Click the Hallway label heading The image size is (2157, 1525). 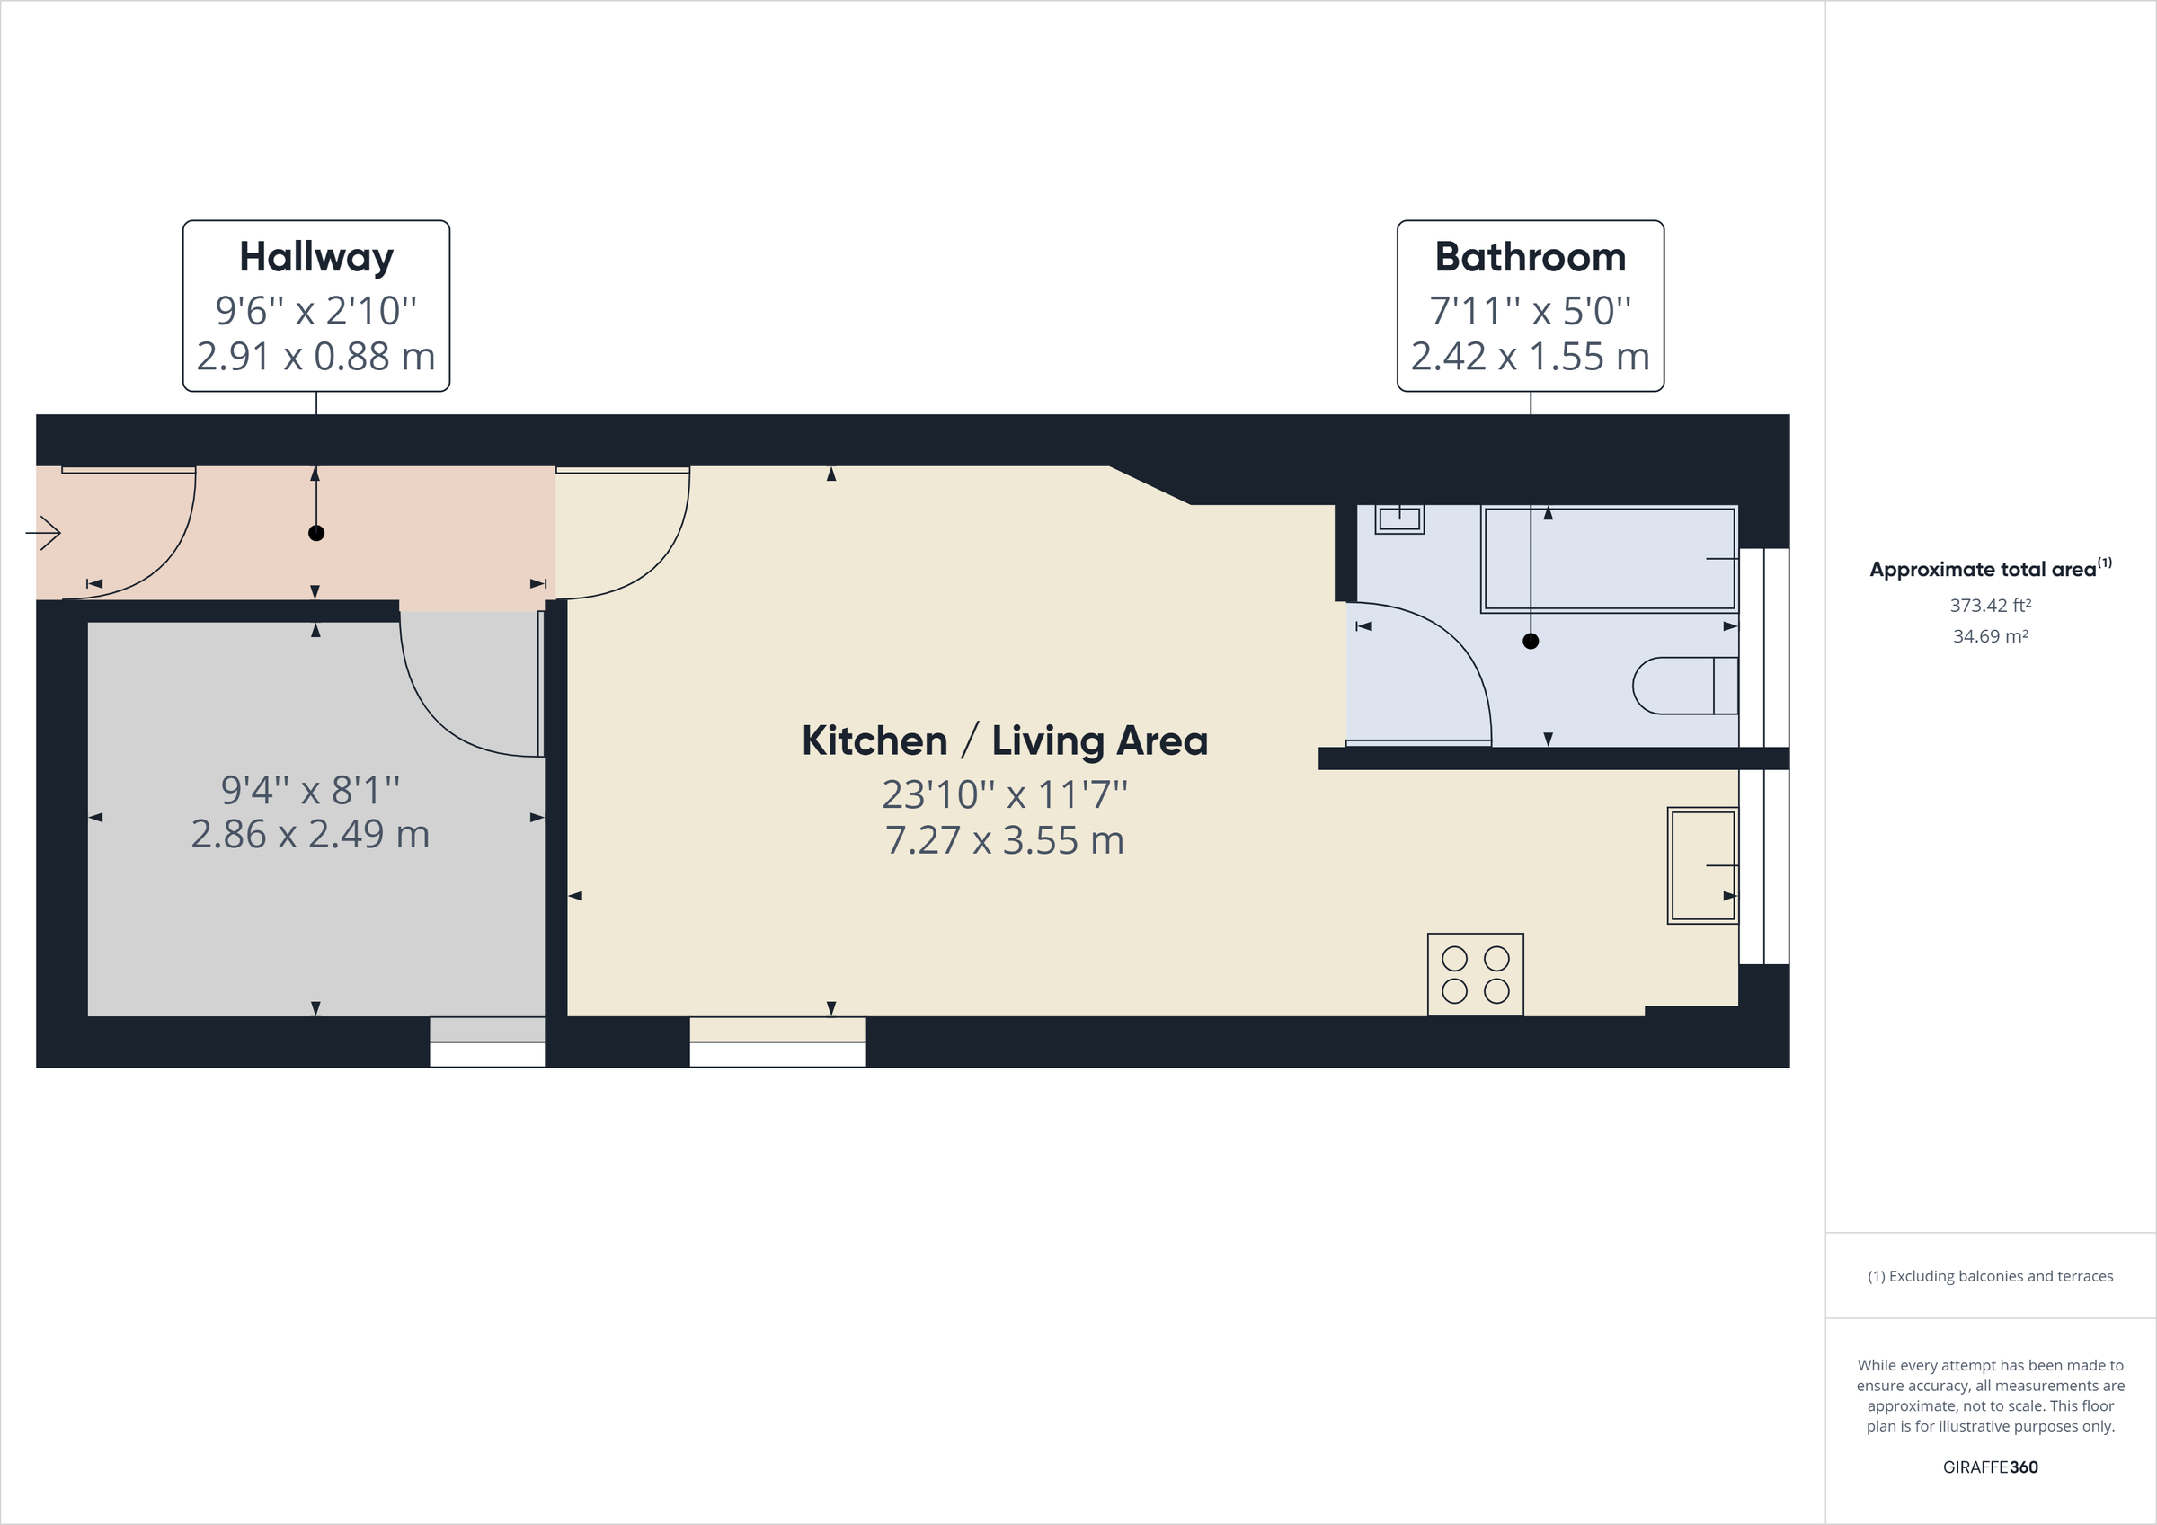click(x=315, y=257)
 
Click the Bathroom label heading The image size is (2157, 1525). click(x=1530, y=257)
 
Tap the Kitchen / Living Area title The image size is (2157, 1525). click(x=1004, y=740)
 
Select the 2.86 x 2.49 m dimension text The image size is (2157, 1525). click(x=310, y=834)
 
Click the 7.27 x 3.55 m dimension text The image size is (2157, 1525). click(x=1004, y=840)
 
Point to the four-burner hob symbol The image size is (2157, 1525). click(x=1475, y=974)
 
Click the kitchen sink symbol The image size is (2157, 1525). click(x=1701, y=865)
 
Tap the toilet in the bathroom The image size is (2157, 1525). click(x=1684, y=686)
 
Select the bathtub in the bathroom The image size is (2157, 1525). click(x=1609, y=559)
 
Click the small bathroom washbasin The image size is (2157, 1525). click(x=1398, y=519)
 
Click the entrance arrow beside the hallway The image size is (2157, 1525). click(x=43, y=534)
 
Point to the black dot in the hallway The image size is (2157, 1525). click(x=316, y=534)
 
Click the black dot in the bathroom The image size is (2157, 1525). click(x=1531, y=642)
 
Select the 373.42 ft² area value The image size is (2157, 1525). click(x=1990, y=605)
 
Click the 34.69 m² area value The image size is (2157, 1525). click(x=1990, y=636)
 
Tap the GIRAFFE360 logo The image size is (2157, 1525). click(x=1990, y=1467)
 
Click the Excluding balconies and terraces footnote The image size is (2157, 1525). click(x=1990, y=1276)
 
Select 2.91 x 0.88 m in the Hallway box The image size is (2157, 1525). click(x=315, y=357)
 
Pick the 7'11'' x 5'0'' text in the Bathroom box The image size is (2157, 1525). click(x=1530, y=310)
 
